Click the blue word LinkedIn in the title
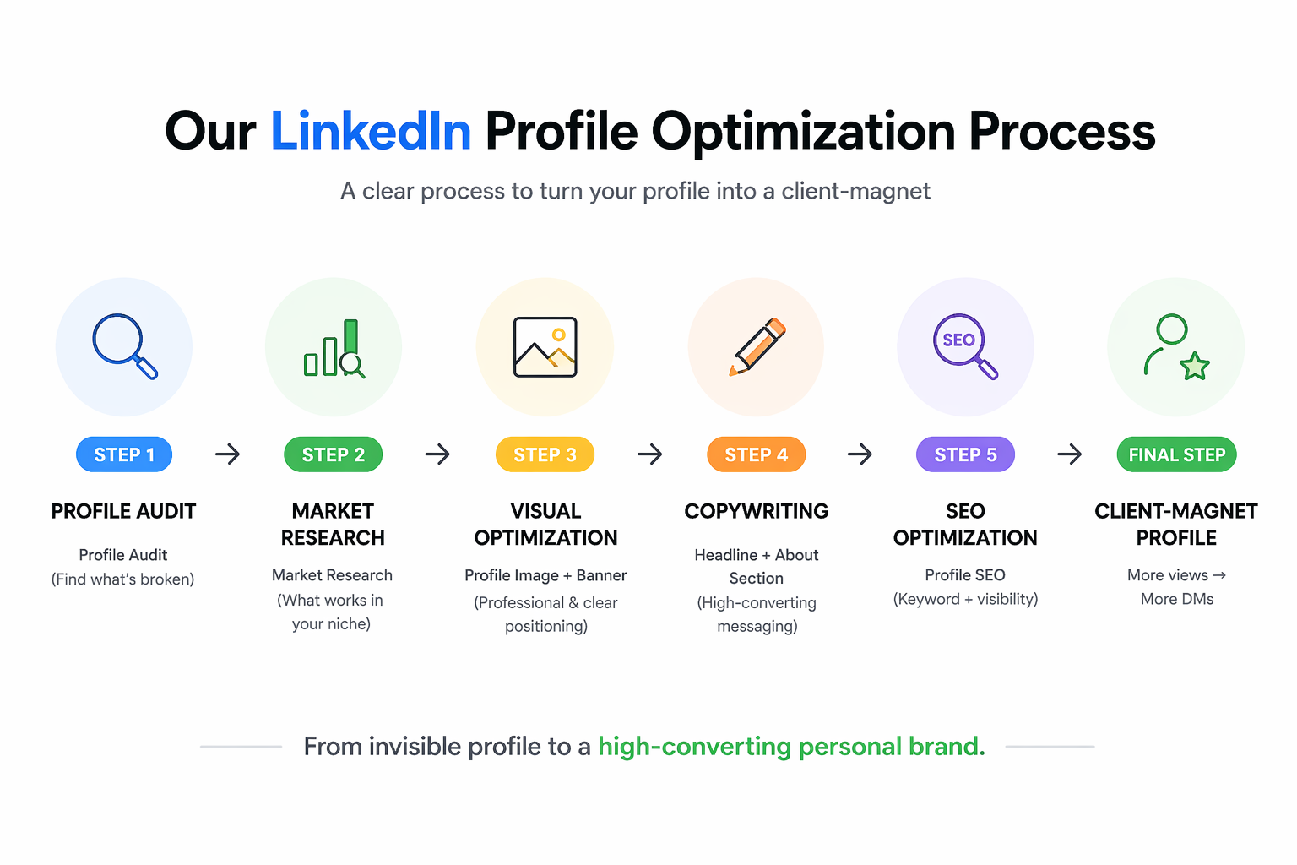[x=370, y=132]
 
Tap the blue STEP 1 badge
[x=124, y=454]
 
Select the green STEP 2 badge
[x=334, y=454]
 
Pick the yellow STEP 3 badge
[x=545, y=454]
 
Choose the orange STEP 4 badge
[x=756, y=454]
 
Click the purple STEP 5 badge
[x=965, y=454]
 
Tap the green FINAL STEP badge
[x=1176, y=454]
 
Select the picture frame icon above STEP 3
[x=545, y=347]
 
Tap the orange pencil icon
[x=757, y=346]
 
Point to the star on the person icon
[x=1195, y=367]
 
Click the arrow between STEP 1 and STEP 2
[x=227, y=454]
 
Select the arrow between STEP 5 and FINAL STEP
[x=1070, y=454]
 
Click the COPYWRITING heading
[x=756, y=511]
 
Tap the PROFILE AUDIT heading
[x=123, y=511]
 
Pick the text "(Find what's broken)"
[x=123, y=579]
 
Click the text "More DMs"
[x=1176, y=599]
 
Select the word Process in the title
[x=1061, y=132]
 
